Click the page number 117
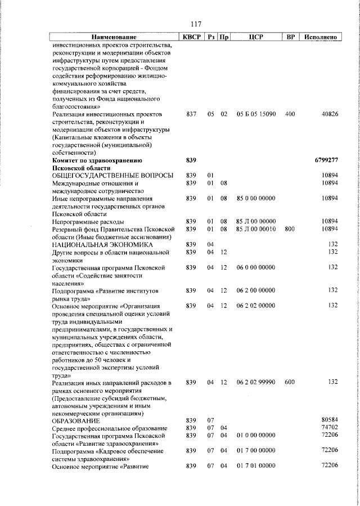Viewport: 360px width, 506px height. (x=196, y=24)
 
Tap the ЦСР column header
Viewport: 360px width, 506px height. (x=256, y=37)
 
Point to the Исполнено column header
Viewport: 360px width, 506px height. (x=320, y=37)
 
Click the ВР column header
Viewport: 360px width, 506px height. (x=290, y=37)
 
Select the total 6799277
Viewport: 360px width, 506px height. (x=326, y=160)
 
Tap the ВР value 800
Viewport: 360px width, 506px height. (x=290, y=229)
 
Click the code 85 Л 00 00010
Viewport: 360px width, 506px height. (x=256, y=229)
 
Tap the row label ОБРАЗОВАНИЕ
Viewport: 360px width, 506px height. (x=76, y=421)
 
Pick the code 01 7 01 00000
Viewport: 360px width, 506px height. (x=256, y=466)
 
